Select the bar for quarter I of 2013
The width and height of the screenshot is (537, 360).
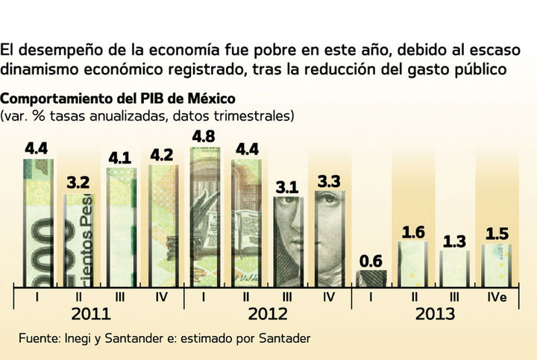[x=371, y=278]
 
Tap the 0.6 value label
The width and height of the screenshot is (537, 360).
[x=371, y=262]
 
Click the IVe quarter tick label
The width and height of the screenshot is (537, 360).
[x=496, y=297]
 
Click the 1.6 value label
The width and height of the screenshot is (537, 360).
[x=412, y=232]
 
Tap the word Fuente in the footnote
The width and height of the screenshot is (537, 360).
[x=39, y=338]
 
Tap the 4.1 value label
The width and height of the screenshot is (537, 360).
[x=122, y=159]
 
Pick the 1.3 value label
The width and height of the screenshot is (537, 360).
[x=454, y=241]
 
